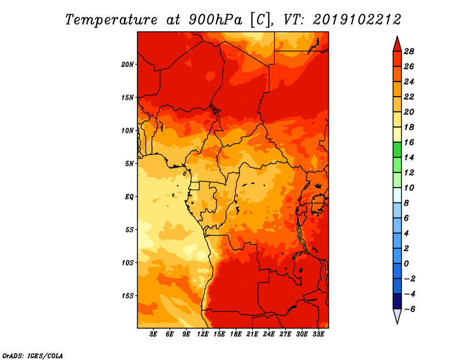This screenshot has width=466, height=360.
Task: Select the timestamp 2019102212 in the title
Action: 357,19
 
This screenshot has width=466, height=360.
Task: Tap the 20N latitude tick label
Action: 128,64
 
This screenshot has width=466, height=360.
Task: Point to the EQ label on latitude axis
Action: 129,196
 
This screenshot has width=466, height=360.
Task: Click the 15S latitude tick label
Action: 128,295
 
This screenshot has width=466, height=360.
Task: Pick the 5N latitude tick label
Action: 129,163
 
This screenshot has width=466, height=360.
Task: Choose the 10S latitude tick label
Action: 128,263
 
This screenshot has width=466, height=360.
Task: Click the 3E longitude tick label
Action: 154,334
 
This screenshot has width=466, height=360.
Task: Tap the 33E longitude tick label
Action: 318,334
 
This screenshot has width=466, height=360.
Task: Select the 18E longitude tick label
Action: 236,334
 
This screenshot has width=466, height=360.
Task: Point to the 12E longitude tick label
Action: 203,334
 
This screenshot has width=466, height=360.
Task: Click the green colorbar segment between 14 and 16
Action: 397,150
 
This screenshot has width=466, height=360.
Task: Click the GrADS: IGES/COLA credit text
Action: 33,355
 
